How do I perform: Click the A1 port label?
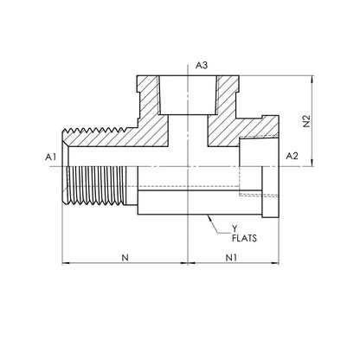[x=50, y=157]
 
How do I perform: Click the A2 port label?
[x=292, y=156]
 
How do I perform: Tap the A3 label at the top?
[x=202, y=66]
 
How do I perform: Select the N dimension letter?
[x=125, y=257]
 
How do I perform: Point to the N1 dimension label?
[x=231, y=257]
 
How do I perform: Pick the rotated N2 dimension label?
[x=306, y=121]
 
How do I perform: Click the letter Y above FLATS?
[x=235, y=229]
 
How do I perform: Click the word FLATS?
[x=244, y=238]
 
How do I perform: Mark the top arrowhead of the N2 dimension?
[x=312, y=79]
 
